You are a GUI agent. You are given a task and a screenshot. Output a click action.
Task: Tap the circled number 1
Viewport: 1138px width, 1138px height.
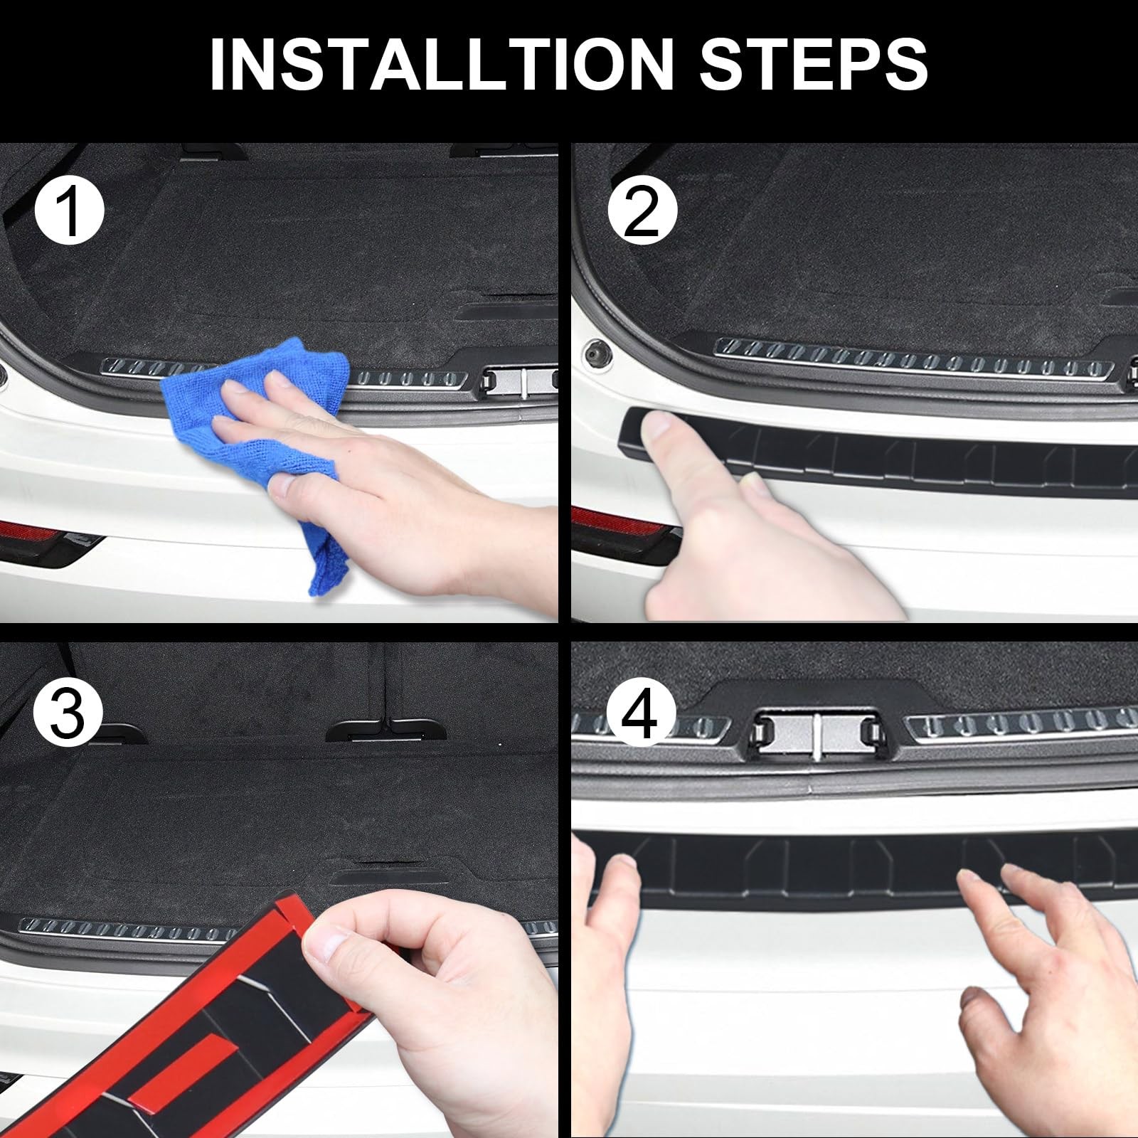[x=70, y=211]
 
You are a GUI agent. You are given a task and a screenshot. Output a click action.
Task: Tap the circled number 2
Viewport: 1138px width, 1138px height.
[x=642, y=211]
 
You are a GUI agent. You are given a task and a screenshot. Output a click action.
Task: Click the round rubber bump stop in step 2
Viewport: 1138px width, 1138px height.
[x=596, y=352]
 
